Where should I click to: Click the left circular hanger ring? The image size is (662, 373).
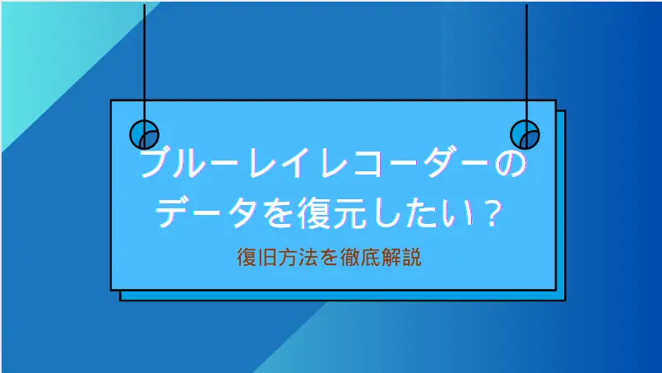coord(145,134)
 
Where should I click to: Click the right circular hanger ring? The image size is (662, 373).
coord(525,134)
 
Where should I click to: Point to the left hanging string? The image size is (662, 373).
coord(145,58)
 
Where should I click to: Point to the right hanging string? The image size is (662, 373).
coord(525,58)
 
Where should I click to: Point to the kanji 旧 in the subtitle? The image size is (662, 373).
coord(262,258)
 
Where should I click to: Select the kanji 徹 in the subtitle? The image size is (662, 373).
coord(351,258)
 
